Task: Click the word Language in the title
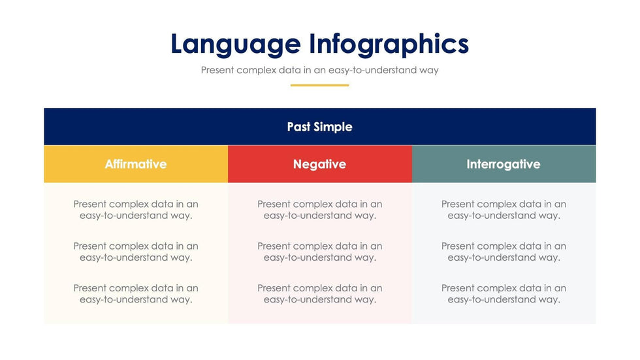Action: click(236, 44)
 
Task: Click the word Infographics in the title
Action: click(389, 44)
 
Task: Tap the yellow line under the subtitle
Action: click(319, 86)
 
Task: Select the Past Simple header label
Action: click(319, 127)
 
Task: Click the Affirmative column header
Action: click(136, 164)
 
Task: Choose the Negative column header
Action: click(319, 164)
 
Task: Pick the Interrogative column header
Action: click(504, 164)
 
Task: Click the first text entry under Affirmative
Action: click(136, 210)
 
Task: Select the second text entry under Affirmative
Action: click(136, 252)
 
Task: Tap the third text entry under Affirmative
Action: click(136, 294)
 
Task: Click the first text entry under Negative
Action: click(319, 210)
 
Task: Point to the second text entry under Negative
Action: click(319, 252)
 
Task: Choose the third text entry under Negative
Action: click(319, 294)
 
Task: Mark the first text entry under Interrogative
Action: click(504, 210)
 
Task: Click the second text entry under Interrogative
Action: click(504, 252)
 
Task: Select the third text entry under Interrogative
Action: click(504, 294)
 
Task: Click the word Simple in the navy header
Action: click(334, 127)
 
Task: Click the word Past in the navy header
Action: click(299, 127)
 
